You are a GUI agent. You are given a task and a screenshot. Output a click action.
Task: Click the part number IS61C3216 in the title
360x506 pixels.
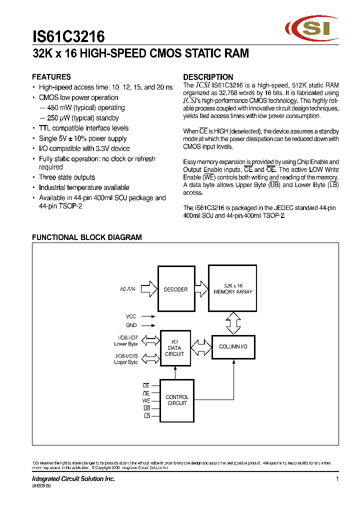point(68,36)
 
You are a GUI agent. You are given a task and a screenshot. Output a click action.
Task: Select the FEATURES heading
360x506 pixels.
point(51,77)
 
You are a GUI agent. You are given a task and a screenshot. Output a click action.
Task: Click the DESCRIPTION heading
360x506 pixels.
point(208,77)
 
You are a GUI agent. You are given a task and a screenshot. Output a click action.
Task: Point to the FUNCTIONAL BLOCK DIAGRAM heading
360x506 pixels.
point(86,237)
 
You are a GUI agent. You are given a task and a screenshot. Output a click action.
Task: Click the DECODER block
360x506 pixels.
point(175,289)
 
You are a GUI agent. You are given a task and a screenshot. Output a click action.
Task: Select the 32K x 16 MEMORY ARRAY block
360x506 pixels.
point(232,289)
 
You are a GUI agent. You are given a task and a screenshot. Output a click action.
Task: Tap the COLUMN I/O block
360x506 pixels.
point(232,346)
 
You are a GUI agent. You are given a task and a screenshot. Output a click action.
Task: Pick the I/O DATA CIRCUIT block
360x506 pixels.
point(175,348)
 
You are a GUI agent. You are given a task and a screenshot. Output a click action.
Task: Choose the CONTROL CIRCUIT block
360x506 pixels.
point(177,400)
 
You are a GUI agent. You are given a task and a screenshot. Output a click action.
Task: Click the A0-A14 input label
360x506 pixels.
point(128,289)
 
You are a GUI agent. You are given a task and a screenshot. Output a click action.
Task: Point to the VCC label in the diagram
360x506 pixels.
point(131,316)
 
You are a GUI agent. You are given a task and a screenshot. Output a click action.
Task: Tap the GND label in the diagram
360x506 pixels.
point(131,325)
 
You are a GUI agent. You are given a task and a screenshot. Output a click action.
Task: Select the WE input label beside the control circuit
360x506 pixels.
point(146,400)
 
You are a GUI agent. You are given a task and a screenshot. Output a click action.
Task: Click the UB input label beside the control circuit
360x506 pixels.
point(146,408)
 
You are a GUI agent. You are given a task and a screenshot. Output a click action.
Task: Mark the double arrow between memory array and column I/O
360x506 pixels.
point(232,323)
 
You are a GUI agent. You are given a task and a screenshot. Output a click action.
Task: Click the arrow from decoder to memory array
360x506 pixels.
point(200,289)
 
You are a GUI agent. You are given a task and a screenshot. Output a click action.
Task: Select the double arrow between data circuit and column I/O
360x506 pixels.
point(201,346)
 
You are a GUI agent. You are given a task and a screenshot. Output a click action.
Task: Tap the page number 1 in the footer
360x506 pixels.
point(337,479)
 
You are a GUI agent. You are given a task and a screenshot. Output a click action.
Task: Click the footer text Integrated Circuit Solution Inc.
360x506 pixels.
point(73,479)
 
